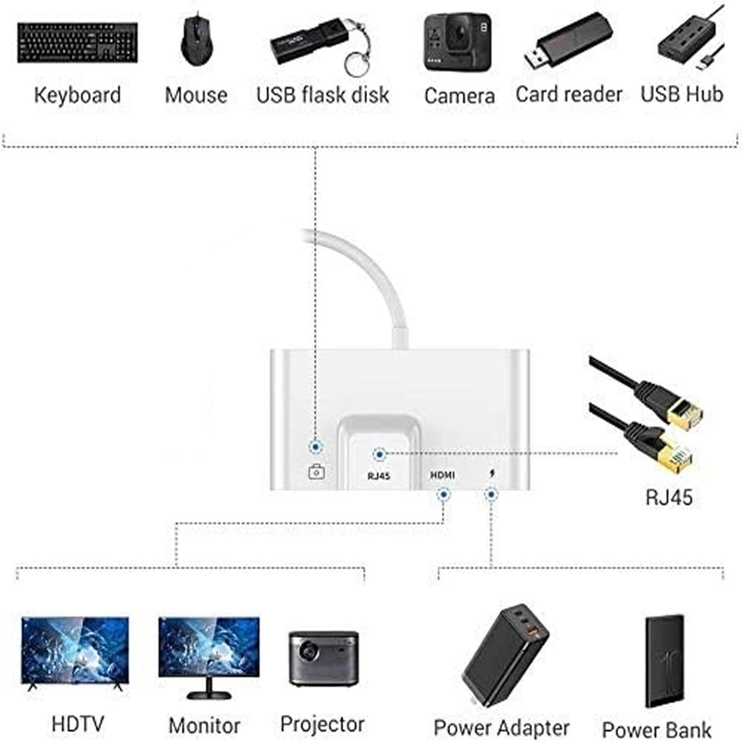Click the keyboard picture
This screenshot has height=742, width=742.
[x=78, y=43]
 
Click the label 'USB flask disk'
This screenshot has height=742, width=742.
[x=323, y=95]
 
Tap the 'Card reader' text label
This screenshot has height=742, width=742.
[x=568, y=94]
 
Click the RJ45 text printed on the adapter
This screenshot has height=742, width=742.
[x=379, y=476]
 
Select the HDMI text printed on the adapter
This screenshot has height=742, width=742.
[x=442, y=475]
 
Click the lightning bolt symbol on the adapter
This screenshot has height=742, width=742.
[x=492, y=474]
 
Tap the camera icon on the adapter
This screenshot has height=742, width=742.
[x=317, y=472]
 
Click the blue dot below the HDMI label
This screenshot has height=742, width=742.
[x=444, y=494]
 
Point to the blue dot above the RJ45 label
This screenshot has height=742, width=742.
[x=379, y=454]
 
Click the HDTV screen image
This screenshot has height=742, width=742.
[x=75, y=650]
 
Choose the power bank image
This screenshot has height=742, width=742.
[x=664, y=660]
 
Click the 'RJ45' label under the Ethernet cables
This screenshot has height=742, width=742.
[x=669, y=497]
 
